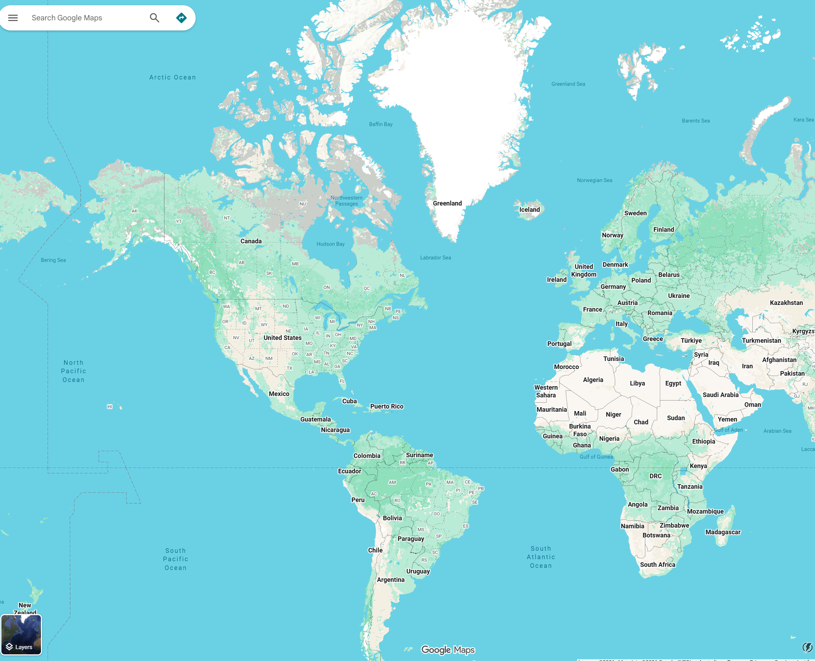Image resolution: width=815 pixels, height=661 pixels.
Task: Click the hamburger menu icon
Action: (13, 18)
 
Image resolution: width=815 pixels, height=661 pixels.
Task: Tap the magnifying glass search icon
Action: (154, 18)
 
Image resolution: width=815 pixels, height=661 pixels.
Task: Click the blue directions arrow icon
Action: (181, 18)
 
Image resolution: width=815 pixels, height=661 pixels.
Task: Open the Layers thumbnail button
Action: (21, 635)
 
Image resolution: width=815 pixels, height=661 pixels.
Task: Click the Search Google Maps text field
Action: (84, 18)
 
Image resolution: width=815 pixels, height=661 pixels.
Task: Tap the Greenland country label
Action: (447, 203)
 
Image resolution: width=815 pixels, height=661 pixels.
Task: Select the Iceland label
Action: (529, 209)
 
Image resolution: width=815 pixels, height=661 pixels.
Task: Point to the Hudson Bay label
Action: (330, 244)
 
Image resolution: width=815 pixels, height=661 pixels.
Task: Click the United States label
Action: (282, 338)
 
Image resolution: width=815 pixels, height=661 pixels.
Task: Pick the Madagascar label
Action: (723, 532)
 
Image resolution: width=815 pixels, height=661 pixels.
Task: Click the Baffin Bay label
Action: (380, 124)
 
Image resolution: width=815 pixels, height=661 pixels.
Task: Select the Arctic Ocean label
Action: (173, 77)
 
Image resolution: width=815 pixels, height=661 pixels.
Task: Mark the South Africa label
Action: (658, 564)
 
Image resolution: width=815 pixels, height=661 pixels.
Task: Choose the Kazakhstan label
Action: (786, 303)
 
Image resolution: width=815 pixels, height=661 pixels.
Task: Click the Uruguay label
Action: (418, 571)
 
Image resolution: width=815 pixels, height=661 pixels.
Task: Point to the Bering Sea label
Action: (53, 260)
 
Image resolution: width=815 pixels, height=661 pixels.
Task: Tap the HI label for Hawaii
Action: (110, 407)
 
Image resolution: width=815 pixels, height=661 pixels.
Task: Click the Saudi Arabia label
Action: (720, 395)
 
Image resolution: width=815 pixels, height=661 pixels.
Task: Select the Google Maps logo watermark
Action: (448, 649)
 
